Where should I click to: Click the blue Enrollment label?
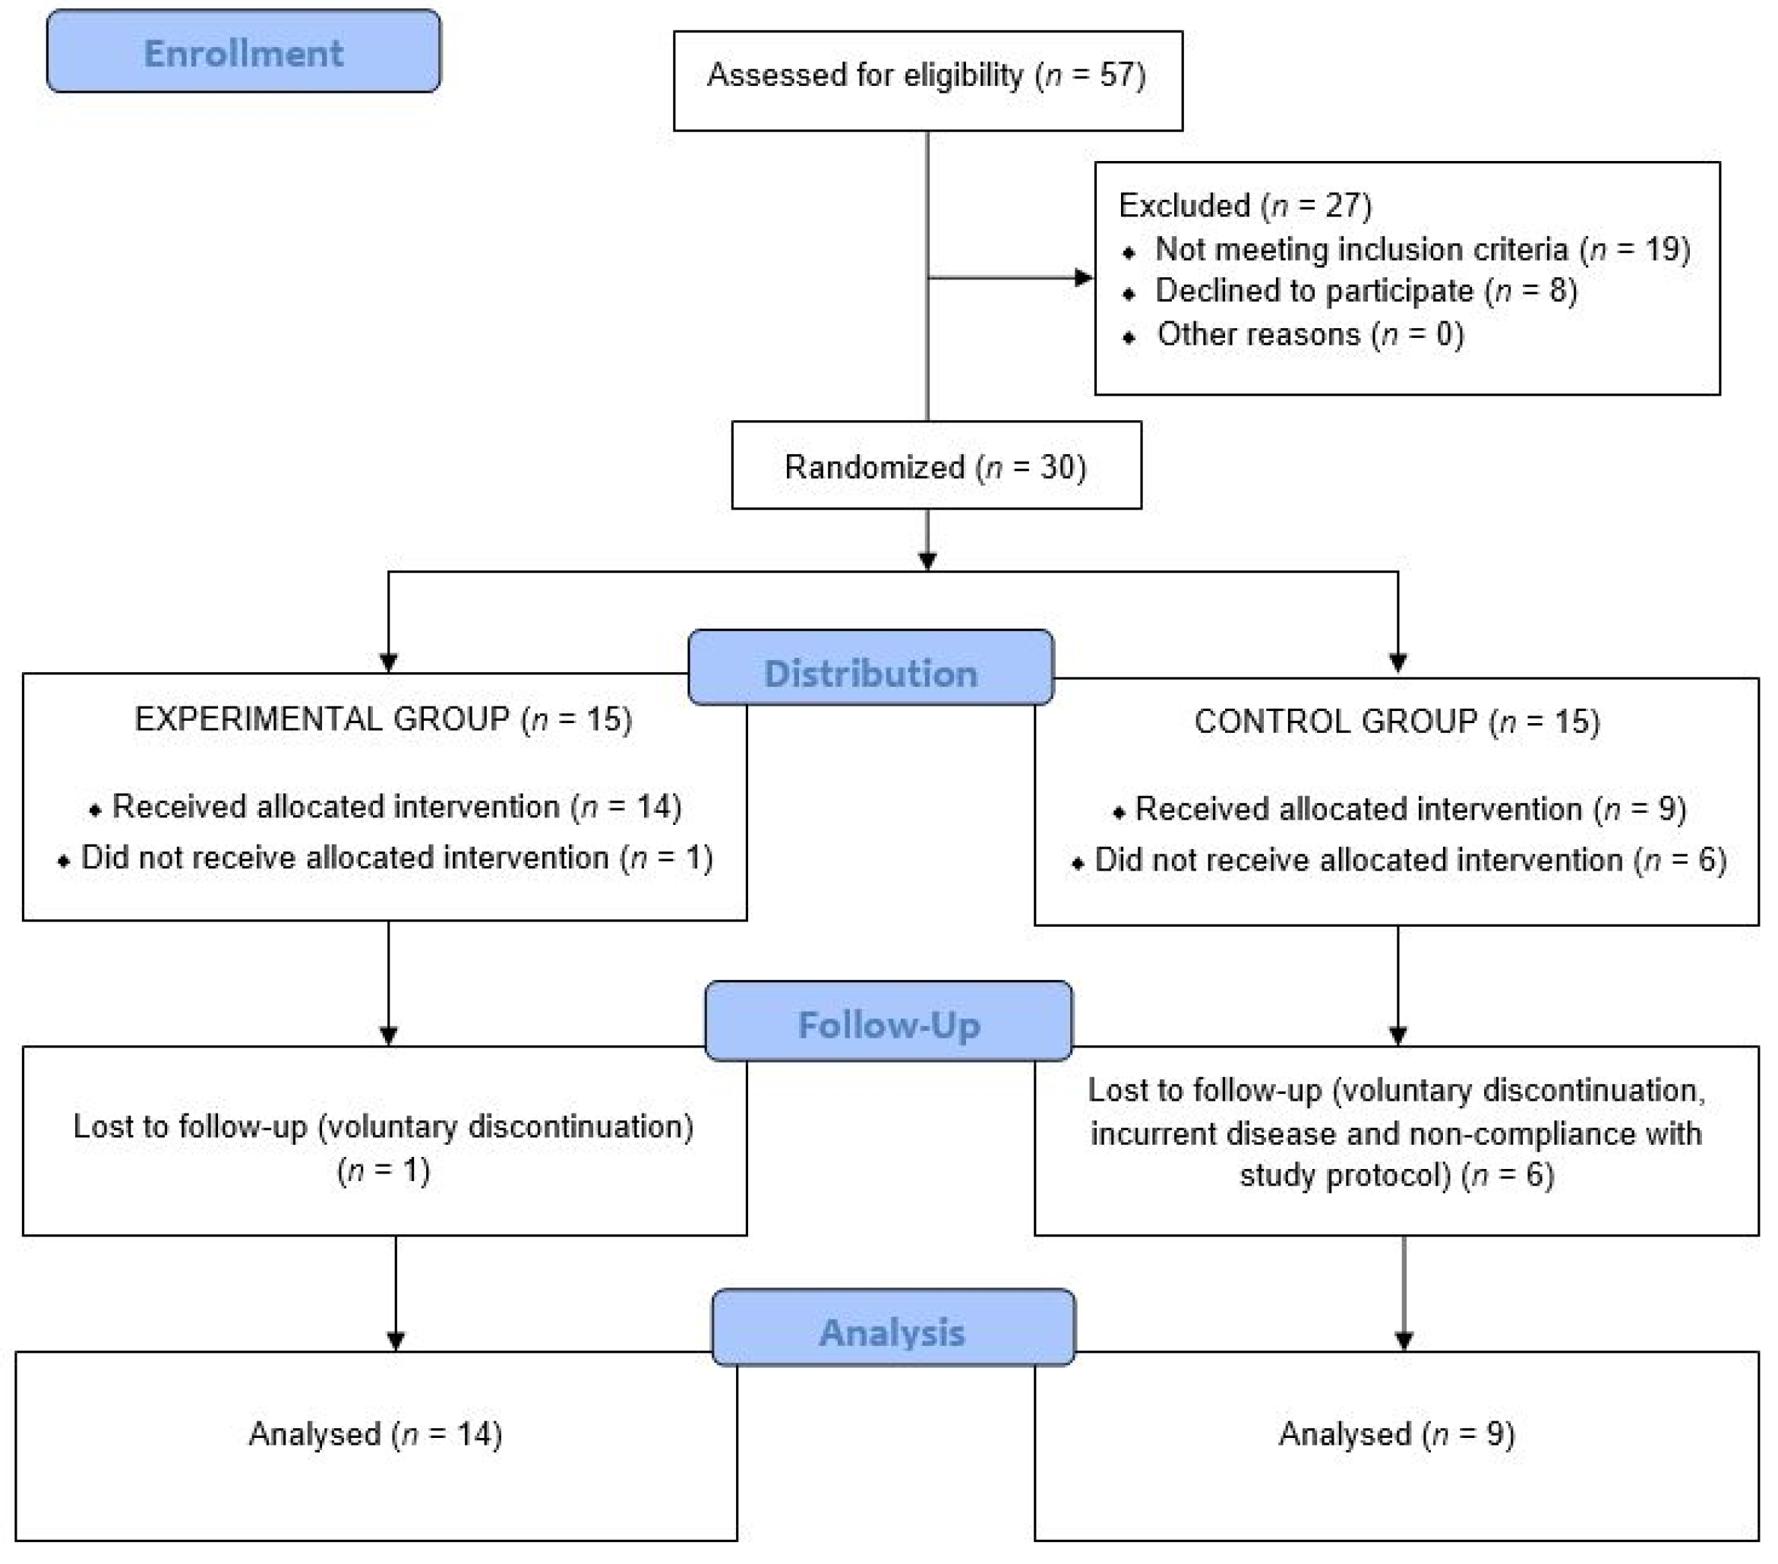pos(244,52)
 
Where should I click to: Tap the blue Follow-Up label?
pos(888,1025)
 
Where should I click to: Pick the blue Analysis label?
pos(892,1332)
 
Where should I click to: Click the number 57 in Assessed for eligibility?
pos(1116,74)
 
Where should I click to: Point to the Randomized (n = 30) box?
pos(936,467)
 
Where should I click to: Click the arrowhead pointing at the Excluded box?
pos(1083,277)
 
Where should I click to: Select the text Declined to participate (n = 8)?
pos(1366,290)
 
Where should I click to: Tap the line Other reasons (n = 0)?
pos(1310,334)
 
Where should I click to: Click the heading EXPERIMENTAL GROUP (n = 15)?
pos(384,719)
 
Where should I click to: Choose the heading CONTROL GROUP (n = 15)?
pos(1397,722)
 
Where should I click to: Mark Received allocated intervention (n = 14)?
pos(396,807)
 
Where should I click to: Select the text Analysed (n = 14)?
pos(376,1434)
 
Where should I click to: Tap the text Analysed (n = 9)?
pos(1397,1434)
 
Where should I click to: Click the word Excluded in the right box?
pos(1184,206)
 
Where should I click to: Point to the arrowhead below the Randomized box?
pos(927,561)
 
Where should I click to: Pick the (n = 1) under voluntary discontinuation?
pos(384,1171)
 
